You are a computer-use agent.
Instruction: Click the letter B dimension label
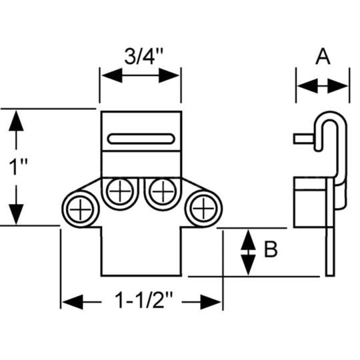(271, 250)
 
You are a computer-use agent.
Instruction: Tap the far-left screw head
(81, 209)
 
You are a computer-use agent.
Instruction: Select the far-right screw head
(201, 209)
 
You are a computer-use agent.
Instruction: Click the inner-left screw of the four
(121, 193)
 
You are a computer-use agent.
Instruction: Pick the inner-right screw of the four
(161, 193)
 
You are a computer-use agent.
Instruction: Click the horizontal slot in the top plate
(141, 139)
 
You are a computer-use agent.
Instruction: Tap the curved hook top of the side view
(332, 119)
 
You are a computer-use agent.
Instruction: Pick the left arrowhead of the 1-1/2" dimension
(72, 302)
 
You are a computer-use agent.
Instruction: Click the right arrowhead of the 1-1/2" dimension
(213, 302)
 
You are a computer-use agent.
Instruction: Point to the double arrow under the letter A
(323, 86)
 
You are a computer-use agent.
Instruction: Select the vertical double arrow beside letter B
(247, 252)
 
